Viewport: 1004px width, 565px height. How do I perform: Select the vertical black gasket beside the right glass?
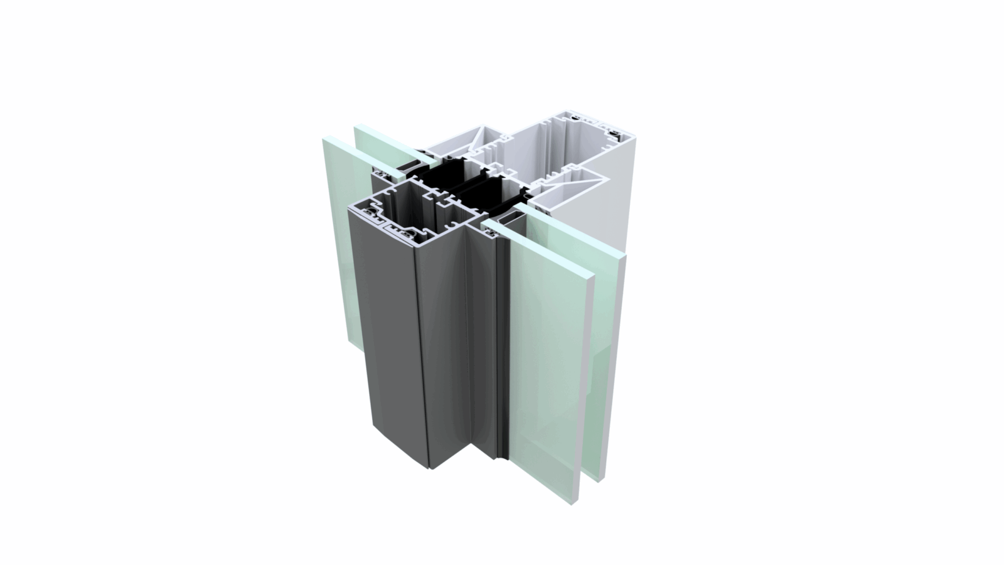[501, 345]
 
